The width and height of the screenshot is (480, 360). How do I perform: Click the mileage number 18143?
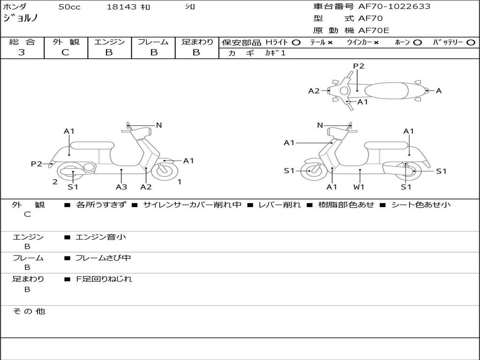click(122, 7)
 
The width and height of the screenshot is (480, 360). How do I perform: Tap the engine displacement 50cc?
click(69, 7)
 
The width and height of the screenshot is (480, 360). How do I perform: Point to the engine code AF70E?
click(374, 31)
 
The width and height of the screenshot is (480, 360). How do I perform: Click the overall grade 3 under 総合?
click(22, 52)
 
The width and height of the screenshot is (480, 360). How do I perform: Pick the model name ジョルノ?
click(21, 19)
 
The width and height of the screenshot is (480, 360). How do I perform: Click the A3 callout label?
click(121, 187)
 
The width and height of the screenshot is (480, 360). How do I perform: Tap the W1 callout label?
click(360, 187)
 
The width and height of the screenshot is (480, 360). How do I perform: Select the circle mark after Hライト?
click(296, 43)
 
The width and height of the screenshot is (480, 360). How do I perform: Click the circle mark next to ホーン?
click(417, 43)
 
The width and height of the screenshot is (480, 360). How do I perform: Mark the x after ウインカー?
click(376, 43)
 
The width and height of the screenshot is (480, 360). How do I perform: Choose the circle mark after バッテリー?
click(471, 43)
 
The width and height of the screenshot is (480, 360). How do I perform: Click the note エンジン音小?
click(101, 237)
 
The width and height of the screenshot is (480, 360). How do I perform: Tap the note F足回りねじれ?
click(104, 279)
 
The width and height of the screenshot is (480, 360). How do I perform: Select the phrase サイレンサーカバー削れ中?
click(192, 205)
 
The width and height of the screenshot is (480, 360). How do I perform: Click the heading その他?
click(29, 311)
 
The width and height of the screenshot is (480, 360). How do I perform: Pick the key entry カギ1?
click(275, 53)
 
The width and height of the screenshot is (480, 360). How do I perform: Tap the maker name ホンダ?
click(15, 7)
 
